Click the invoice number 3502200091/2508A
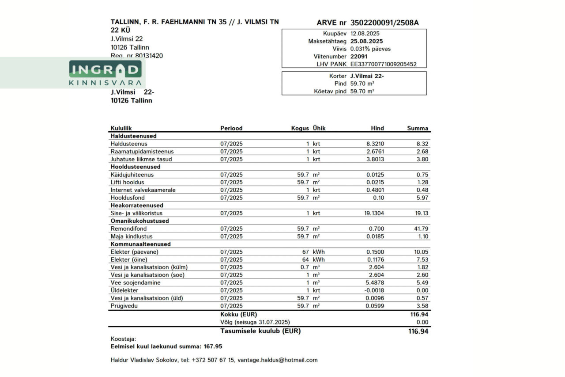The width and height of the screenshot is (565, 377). point(384,23)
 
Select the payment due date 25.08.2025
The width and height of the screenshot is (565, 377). point(366,41)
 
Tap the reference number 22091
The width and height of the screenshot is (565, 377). point(359,57)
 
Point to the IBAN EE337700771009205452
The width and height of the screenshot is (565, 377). point(383,64)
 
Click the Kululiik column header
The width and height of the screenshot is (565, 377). point(121,128)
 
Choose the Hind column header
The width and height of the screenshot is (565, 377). point(377,128)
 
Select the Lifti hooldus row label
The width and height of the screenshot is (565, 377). point(127,182)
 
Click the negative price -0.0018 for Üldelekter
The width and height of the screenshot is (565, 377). point(373,290)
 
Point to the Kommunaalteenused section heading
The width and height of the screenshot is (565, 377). point(140,244)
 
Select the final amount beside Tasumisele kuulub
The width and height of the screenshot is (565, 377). point(418,331)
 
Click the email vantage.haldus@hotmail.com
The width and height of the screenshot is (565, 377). point(277,360)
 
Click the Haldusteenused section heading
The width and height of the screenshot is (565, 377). point(133,136)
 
